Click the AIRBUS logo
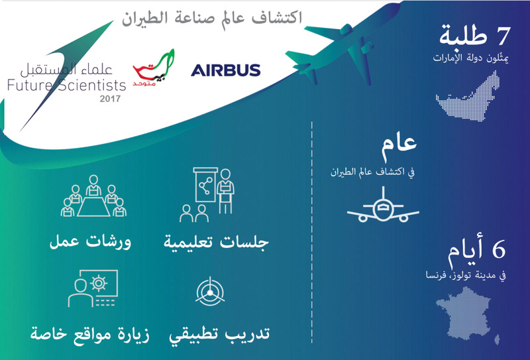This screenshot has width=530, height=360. click(225, 70)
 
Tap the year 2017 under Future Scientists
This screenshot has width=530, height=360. click(110, 99)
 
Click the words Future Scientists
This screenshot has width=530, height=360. click(67, 85)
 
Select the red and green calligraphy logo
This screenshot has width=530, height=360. click(154, 68)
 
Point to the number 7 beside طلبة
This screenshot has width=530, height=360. click(502, 36)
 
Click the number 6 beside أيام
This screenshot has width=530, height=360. click(499, 249)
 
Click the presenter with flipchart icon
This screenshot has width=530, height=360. click(207, 194)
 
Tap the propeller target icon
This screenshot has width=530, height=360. click(210, 291)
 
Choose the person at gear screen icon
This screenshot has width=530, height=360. click(93, 288)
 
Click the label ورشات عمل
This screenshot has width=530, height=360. click(90, 242)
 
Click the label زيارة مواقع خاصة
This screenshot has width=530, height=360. click(90, 334)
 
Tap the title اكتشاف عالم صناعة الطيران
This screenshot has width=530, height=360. click(212, 18)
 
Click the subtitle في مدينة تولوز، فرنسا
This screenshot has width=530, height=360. click(466, 275)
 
